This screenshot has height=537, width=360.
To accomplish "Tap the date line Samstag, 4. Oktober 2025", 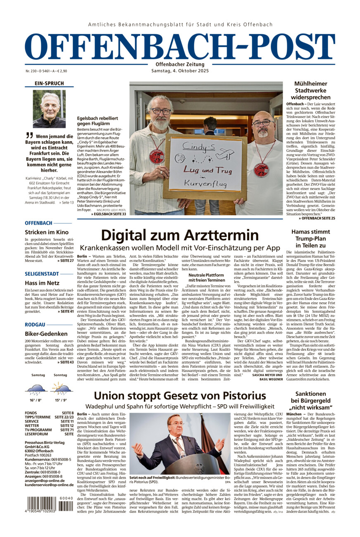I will click(180, 71).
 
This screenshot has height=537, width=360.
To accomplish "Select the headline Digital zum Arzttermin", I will click(180, 235).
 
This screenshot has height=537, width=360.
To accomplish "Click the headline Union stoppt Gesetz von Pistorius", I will click(180, 396).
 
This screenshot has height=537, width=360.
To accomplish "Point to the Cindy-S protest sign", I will click(205, 164).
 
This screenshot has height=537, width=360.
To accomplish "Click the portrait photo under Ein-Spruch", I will click(49, 109).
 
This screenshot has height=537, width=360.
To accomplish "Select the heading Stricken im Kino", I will click(45, 232).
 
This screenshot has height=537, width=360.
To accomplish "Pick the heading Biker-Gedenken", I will click(46, 333).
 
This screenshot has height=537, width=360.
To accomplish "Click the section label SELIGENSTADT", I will click(41, 274).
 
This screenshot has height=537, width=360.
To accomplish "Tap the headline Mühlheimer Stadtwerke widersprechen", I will click(310, 90).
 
